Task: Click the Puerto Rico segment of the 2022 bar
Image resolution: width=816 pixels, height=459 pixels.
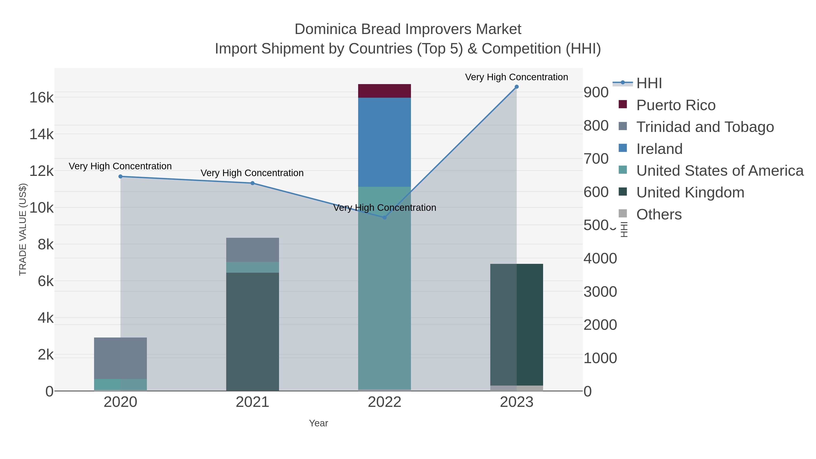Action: [x=384, y=91]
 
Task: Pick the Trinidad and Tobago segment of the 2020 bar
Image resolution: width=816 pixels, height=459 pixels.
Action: [x=120, y=358]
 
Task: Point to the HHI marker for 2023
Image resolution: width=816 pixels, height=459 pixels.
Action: [x=516, y=87]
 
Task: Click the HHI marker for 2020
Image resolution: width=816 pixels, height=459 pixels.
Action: [x=120, y=176]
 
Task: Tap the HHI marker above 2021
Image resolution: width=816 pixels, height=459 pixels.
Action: [x=253, y=183]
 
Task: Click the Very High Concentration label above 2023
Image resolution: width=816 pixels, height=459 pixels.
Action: [x=516, y=77]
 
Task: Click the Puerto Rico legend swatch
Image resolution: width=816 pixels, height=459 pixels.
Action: [x=622, y=104]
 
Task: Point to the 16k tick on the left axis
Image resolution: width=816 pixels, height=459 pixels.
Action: [x=41, y=97]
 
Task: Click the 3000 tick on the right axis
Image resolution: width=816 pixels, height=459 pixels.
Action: [x=600, y=291]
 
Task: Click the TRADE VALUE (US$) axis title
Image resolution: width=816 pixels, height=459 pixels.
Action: [x=23, y=229]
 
